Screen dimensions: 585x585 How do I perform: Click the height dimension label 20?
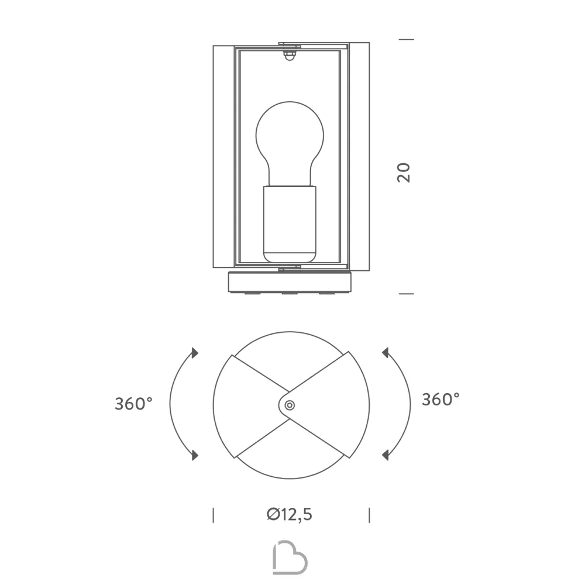404,173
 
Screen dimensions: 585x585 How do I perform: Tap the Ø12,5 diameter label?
290,514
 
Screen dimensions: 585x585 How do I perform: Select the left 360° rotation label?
133,404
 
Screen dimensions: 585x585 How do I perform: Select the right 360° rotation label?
441,400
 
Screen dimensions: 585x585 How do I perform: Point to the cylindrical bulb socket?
290,224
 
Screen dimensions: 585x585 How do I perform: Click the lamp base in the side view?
290,282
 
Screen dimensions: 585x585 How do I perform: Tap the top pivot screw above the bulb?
290,56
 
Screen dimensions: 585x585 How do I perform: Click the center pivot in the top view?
290,405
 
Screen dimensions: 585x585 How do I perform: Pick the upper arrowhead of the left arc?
195,353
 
